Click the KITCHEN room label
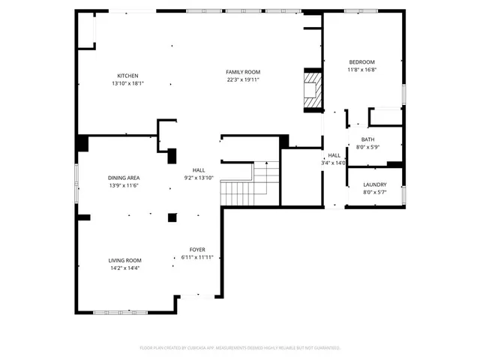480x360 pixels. tap(127, 75)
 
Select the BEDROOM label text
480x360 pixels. tap(361, 62)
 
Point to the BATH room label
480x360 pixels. tap(367, 139)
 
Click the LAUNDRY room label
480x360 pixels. tap(374, 184)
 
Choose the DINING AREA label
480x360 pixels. tap(124, 178)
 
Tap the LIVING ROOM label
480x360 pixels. tap(124, 259)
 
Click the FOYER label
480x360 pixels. tap(197, 250)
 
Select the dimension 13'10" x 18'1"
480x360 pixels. tap(127, 83)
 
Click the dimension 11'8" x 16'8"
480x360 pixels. tap(361, 70)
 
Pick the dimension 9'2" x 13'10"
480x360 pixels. tap(199, 178)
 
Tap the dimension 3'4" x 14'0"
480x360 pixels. tap(334, 163)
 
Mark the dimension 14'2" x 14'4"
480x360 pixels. tap(124, 267)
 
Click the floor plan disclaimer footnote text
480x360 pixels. tap(240, 348)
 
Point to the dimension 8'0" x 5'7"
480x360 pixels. tap(374, 192)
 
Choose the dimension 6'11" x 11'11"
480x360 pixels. tap(197, 257)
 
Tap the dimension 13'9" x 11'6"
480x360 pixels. tap(124, 185)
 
